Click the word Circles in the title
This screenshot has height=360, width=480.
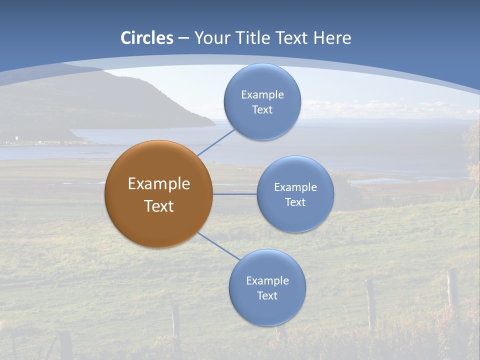point(147,38)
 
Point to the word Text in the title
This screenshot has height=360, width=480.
point(292,38)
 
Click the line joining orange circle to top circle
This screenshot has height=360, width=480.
point(216,142)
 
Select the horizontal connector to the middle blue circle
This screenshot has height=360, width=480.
point(234,194)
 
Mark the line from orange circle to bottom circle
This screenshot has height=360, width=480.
point(218,246)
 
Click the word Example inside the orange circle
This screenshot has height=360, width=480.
point(159,184)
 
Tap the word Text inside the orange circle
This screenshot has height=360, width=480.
point(159,206)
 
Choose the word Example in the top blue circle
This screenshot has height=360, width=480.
point(262,94)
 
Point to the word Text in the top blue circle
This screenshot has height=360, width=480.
point(262,109)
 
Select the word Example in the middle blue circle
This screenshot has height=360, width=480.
point(295,187)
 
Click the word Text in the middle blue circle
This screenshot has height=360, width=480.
point(295,202)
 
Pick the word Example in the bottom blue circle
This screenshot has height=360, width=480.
point(267,280)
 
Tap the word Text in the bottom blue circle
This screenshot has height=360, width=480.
point(267,295)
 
